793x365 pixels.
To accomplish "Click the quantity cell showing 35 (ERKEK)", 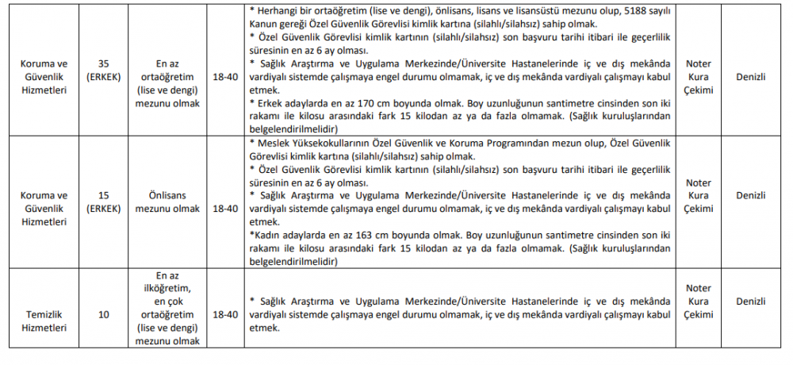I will pos(104,71).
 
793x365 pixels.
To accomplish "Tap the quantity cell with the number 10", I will pos(104,314).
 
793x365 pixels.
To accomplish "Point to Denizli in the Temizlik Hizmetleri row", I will pos(749,302).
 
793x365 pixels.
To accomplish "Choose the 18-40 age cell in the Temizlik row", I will pos(226,314).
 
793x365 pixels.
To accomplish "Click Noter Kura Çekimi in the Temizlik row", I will pos(698,302).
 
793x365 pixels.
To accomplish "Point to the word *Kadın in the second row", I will pos(265,236).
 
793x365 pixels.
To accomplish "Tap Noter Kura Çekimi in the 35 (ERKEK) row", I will pos(698,77).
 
